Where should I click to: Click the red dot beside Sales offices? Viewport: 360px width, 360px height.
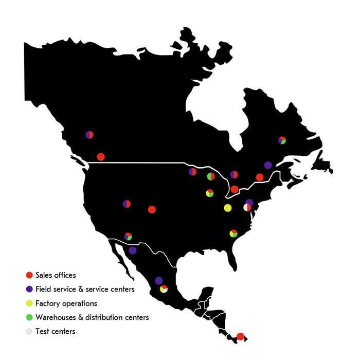pyautogui.click(x=30, y=276)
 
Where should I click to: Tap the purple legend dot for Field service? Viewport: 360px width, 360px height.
pyautogui.click(x=30, y=290)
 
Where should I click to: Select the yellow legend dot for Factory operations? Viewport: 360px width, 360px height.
pyautogui.click(x=30, y=303)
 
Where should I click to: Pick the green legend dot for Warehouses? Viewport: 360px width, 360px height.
pyautogui.click(x=30, y=317)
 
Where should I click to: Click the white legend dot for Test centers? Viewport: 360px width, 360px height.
pyautogui.click(x=30, y=331)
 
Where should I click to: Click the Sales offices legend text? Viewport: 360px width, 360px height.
pyautogui.click(x=56, y=276)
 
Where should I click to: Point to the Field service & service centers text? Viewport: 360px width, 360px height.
pyautogui.click(x=85, y=290)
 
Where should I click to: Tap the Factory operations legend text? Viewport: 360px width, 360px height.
pyautogui.click(x=66, y=303)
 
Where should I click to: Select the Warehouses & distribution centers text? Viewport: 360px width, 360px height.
pyautogui.click(x=92, y=317)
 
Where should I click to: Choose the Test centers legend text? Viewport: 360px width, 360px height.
pyautogui.click(x=55, y=331)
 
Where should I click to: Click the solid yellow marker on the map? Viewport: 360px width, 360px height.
pyautogui.click(x=228, y=208)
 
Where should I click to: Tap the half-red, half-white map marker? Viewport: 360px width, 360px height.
pyautogui.click(x=247, y=208)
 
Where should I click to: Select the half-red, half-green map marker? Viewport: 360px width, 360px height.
pyautogui.click(x=211, y=177)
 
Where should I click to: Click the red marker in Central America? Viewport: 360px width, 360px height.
pyautogui.click(x=240, y=337)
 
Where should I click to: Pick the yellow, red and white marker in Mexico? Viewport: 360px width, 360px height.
pyautogui.click(x=164, y=289)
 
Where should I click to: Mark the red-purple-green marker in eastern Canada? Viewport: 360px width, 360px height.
pyautogui.click(x=282, y=140)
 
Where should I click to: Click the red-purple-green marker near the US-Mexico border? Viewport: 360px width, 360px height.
pyautogui.click(x=128, y=237)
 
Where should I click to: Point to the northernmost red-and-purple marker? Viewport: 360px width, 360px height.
pyautogui.click(x=89, y=135)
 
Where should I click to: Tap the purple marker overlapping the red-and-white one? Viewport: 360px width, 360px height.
pyautogui.click(x=249, y=202)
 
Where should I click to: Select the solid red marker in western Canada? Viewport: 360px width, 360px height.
pyautogui.click(x=101, y=157)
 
